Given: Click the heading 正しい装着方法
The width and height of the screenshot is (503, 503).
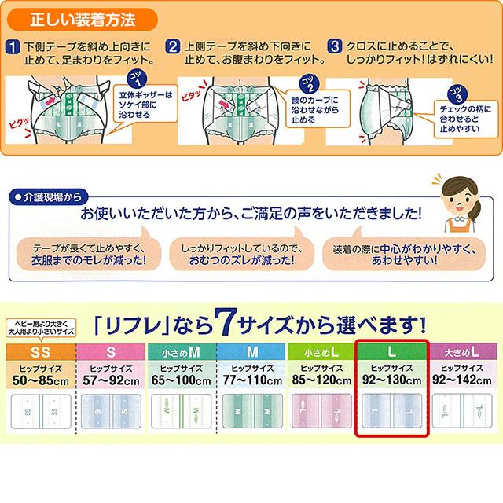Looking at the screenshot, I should point(83,15).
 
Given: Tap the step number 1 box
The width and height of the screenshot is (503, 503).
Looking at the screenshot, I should point(12,46).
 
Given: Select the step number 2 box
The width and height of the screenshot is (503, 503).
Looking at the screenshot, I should point(171,46).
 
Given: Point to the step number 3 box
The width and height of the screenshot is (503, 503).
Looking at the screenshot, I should point(336,46).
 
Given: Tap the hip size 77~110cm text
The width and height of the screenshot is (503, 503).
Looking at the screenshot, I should point(251,380).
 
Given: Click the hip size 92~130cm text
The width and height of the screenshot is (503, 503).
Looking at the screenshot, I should point(391,380).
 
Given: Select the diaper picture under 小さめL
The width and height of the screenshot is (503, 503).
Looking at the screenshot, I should point(321,413).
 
